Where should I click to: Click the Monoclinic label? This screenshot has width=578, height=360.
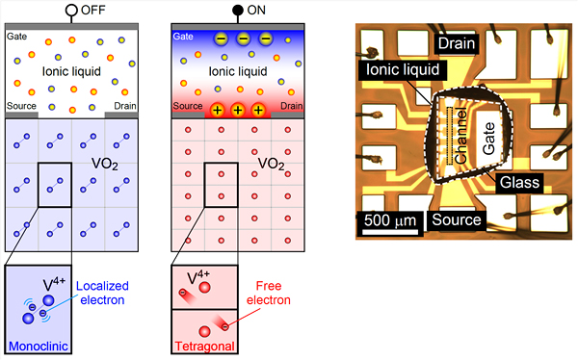pos(37,345)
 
